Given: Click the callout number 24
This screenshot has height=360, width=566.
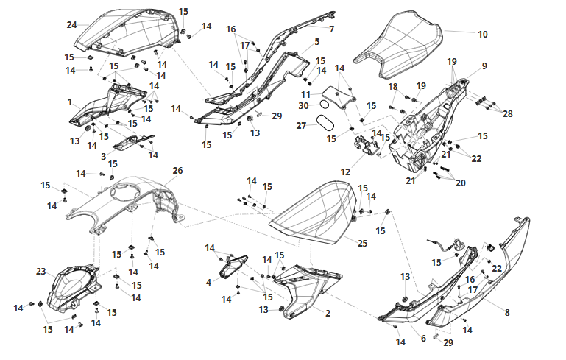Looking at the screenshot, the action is [x=72, y=25].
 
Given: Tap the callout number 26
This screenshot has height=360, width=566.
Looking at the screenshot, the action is [x=177, y=171].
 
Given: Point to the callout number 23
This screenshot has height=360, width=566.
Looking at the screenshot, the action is [x=41, y=271].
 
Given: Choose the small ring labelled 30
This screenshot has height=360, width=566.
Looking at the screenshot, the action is [x=324, y=105].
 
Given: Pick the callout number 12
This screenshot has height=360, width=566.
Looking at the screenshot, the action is [x=345, y=172].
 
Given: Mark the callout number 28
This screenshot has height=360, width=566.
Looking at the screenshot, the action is [x=508, y=113].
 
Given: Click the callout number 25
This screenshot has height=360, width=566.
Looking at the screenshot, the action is [x=362, y=244].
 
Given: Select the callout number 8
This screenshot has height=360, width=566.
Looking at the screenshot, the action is [x=507, y=312].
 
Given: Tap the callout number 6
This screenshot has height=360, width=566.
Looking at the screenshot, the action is [x=423, y=339].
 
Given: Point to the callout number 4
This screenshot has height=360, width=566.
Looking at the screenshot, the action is [x=208, y=283].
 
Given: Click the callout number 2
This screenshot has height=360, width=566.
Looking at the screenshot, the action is [x=328, y=313].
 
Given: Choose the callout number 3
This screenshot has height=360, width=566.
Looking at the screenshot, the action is [x=104, y=156].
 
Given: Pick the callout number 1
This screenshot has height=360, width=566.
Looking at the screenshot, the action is [x=70, y=102].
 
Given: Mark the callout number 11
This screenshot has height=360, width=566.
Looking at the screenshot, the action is [x=305, y=95].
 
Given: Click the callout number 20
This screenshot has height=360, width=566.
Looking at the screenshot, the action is [x=461, y=183].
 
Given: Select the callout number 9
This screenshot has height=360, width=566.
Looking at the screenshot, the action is [x=484, y=66].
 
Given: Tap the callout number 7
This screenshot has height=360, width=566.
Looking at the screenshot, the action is [x=332, y=29].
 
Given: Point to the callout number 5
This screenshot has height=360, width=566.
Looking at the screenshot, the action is [x=317, y=42].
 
